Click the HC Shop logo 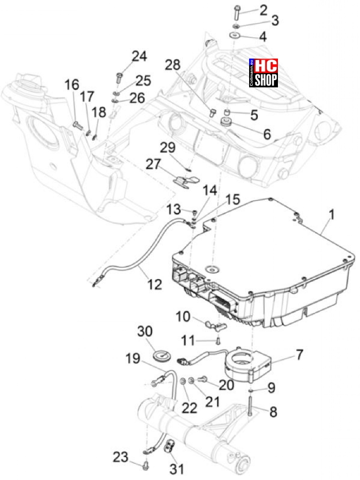coord(264,73)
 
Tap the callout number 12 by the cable coord(155,284)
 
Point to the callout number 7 coord(299,355)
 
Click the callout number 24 coord(139,57)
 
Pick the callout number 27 coord(154,164)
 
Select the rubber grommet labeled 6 coord(225,122)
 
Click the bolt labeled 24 coord(119,76)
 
